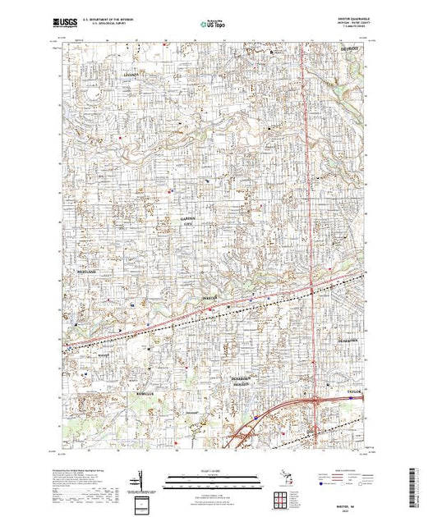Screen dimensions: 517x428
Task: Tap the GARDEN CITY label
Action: coord(188,220)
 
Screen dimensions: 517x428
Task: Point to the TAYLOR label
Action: coord(342,392)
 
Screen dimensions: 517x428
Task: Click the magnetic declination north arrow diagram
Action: coord(138,478)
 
